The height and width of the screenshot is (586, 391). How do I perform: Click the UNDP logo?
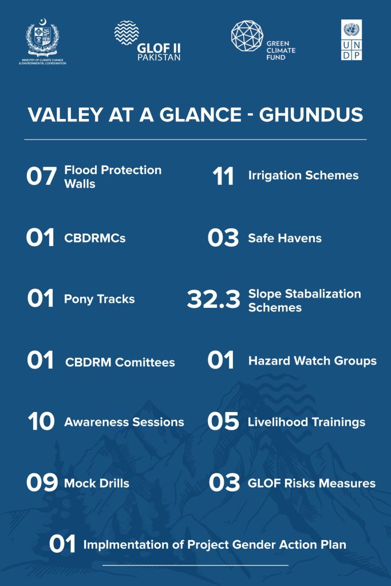(x=351, y=40)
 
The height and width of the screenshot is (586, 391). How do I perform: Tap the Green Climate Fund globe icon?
(x=247, y=36)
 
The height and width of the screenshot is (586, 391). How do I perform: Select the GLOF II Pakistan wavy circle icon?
(x=127, y=33)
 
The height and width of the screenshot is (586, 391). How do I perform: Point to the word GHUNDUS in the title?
(x=311, y=114)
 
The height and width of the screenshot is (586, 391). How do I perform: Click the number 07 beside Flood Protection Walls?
(x=41, y=176)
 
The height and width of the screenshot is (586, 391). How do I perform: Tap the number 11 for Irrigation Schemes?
(x=223, y=176)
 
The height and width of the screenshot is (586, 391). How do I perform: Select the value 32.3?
(x=214, y=299)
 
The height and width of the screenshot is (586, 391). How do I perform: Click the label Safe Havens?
(x=285, y=238)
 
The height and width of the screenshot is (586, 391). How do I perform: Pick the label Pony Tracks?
(x=100, y=299)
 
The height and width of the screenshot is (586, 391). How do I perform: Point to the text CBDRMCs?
(x=95, y=238)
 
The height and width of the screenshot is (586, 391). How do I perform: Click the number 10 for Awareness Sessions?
(x=41, y=422)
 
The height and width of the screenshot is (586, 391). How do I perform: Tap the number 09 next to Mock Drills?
(x=42, y=482)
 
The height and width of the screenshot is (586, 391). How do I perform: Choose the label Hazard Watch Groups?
(x=313, y=361)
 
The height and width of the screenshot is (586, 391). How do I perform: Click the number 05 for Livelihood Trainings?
(x=223, y=421)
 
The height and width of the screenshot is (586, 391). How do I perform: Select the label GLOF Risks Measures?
(x=312, y=483)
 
